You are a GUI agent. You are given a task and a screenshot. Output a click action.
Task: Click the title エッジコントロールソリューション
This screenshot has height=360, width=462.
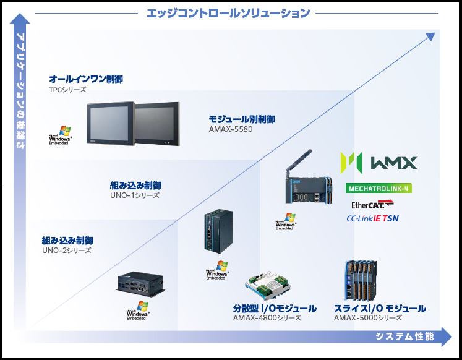coord(228,12)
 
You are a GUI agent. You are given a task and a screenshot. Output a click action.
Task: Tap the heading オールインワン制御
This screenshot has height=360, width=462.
coord(85,79)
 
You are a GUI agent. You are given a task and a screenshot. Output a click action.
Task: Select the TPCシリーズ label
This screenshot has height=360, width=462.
coord(67,90)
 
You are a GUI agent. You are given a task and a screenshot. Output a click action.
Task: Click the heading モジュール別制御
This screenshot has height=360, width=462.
coord(242,119)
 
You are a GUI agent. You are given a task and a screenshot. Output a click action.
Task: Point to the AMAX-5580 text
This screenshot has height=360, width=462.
coord(231,129)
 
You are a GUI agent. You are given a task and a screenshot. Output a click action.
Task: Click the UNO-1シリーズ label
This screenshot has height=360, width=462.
coord(135,195)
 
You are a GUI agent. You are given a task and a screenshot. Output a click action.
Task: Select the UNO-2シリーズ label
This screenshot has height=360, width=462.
coord(67,251)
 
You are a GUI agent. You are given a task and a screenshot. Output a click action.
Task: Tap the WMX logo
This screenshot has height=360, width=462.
coord(379,163)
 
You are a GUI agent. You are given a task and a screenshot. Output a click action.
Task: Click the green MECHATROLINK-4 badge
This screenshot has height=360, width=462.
coord(379,188)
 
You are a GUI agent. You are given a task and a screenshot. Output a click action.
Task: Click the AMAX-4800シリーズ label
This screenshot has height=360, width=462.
coord(267,318)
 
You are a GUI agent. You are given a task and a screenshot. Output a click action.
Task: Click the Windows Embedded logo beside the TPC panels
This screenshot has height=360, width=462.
coord(61,138)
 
